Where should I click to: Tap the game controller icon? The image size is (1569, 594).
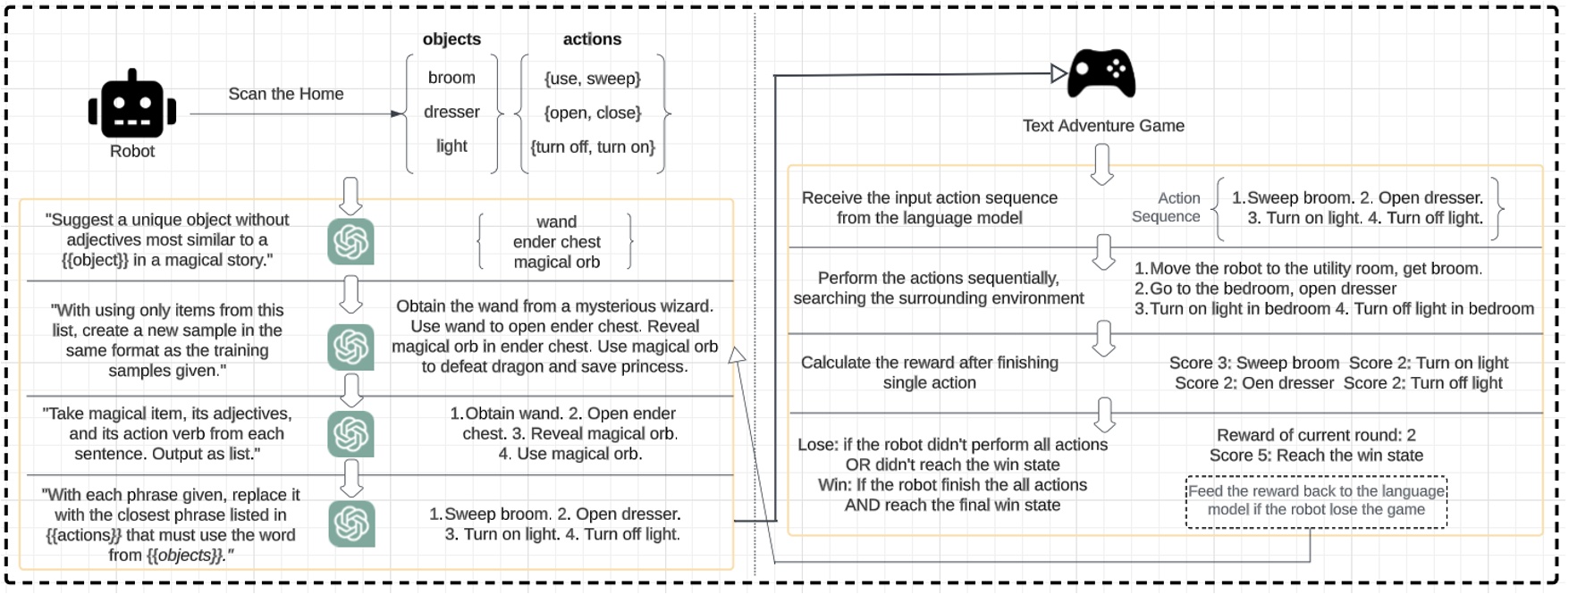(x=1102, y=73)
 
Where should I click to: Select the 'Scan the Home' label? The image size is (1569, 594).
(x=285, y=94)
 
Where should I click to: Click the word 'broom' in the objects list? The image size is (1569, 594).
(x=451, y=78)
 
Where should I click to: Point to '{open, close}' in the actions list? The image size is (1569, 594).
(x=593, y=113)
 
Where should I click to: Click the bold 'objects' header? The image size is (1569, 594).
(x=451, y=39)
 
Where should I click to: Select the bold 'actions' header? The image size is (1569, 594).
(x=592, y=39)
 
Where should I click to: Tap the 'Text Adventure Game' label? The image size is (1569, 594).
(x=1103, y=126)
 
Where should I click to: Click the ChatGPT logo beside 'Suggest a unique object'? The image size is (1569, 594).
(x=350, y=241)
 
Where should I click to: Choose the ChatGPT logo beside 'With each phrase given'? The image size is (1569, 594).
(x=350, y=523)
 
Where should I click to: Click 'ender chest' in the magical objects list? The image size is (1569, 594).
(x=556, y=242)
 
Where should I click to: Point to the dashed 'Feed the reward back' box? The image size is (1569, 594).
(x=1316, y=501)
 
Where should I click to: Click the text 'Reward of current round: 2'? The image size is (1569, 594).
(x=1316, y=435)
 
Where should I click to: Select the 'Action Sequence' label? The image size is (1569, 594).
(x=1168, y=207)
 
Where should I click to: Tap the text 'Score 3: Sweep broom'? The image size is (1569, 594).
(x=1253, y=363)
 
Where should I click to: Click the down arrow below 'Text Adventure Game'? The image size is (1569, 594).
(x=1102, y=164)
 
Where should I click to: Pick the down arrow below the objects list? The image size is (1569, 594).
(x=350, y=195)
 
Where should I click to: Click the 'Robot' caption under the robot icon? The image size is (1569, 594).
(x=132, y=152)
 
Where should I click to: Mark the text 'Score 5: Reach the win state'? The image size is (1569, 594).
(x=1316, y=456)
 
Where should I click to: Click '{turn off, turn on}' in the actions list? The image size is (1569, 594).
(x=593, y=146)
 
